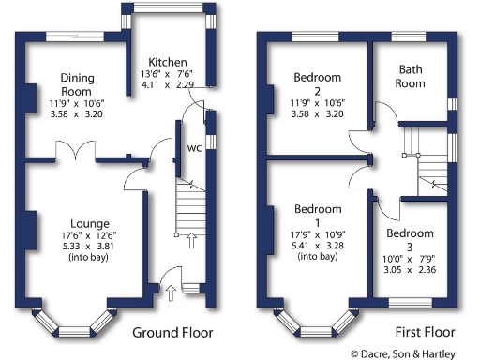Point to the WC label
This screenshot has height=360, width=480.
click(195, 147)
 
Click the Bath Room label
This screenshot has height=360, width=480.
click(412, 76)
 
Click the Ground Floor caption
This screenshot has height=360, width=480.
click(172, 333)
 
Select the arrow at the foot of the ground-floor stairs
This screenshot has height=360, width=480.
click(191, 243)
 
